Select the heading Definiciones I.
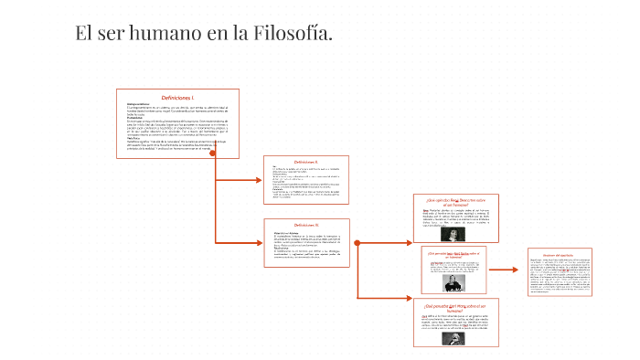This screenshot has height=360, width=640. pos(178,97)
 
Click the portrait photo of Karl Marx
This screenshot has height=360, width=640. pos(454,334)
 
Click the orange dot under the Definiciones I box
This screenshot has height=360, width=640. pos(214,153)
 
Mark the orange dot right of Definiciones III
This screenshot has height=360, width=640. pos(357,243)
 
